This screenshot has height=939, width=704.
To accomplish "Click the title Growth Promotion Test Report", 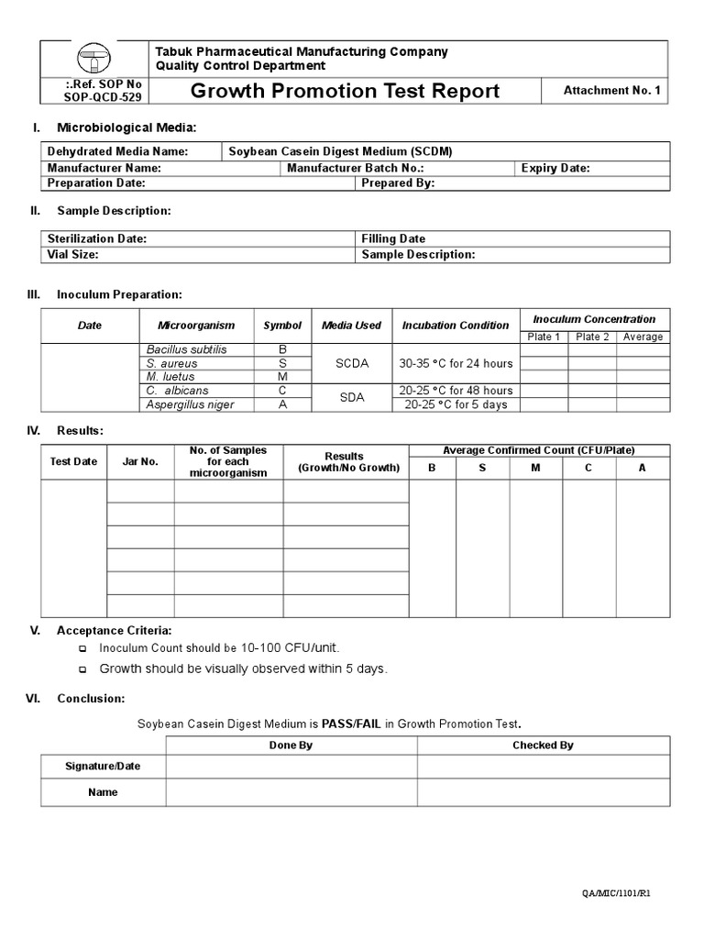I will pyautogui.click(x=345, y=91).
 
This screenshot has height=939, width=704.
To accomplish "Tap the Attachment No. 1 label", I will pyautogui.click(x=610, y=91).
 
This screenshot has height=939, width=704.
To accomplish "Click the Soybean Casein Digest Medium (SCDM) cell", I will pyautogui.click(x=340, y=151).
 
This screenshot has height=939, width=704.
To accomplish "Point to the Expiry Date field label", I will pyautogui.click(x=555, y=168).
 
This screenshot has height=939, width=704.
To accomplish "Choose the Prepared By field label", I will pyautogui.click(x=398, y=182).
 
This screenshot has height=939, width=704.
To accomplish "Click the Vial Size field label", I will pyautogui.click(x=72, y=254).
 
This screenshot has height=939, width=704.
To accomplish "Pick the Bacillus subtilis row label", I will pyautogui.click(x=186, y=349).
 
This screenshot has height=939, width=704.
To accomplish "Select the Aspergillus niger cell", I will pyautogui.click(x=190, y=404).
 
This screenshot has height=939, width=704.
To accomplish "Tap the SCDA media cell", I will pyautogui.click(x=352, y=363).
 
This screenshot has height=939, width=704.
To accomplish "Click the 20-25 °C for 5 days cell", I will pyautogui.click(x=456, y=404).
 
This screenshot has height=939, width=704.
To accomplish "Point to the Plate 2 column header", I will pyautogui.click(x=592, y=337).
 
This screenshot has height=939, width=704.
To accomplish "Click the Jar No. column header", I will pyautogui.click(x=140, y=461).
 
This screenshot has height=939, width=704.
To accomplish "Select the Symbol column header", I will pyautogui.click(x=282, y=326).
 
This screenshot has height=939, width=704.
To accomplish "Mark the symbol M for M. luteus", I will pyautogui.click(x=282, y=377).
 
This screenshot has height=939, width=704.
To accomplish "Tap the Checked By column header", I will pyautogui.click(x=543, y=745).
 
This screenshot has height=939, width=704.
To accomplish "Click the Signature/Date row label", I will pyautogui.click(x=103, y=766).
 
